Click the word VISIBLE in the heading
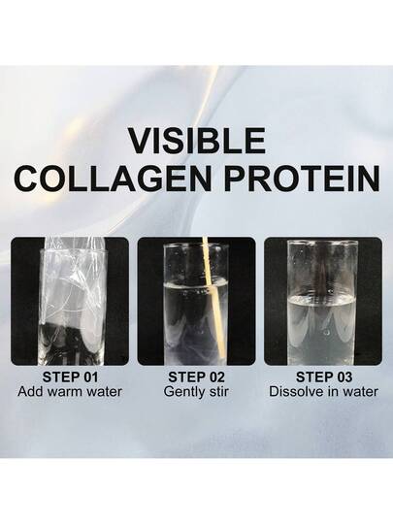[x=197, y=141]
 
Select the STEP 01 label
[x=70, y=377]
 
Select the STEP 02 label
[x=196, y=377]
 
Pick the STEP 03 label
[x=324, y=377]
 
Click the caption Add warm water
[x=70, y=391]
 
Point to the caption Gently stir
[x=196, y=392]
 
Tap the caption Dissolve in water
[x=323, y=391]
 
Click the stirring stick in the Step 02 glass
[x=213, y=298]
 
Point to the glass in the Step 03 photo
[x=323, y=303]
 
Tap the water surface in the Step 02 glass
[x=196, y=286]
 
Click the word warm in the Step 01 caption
[x=68, y=391]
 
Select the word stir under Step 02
[x=219, y=391]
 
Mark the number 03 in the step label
[x=344, y=377]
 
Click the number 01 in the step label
[x=89, y=377]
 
